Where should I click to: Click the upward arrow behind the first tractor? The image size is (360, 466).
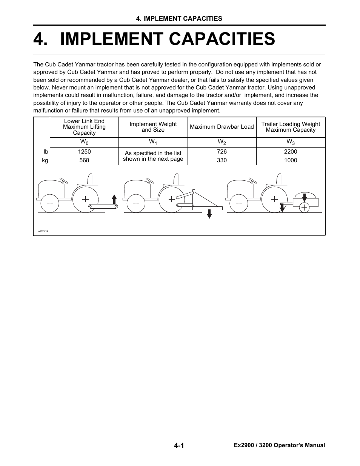(114, 199)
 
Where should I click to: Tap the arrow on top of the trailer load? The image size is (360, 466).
(305, 197)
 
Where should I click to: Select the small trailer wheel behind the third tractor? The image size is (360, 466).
(304, 207)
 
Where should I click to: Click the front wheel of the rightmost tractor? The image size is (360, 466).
(239, 203)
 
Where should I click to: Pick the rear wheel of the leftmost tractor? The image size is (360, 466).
(86, 199)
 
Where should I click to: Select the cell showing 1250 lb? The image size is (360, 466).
(84, 152)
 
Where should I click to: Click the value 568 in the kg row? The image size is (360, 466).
(84, 160)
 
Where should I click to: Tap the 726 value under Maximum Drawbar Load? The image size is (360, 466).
(222, 152)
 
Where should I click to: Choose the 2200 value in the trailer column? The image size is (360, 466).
(291, 152)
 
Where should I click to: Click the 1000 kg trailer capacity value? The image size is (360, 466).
(291, 160)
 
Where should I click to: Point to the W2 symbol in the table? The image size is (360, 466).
(222, 142)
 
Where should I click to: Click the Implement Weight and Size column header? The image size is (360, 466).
(153, 127)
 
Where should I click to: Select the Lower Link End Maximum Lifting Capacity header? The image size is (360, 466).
(84, 127)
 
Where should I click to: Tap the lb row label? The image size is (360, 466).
(46, 152)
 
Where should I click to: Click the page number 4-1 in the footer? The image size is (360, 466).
(179, 446)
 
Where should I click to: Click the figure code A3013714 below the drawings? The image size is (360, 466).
(43, 231)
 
